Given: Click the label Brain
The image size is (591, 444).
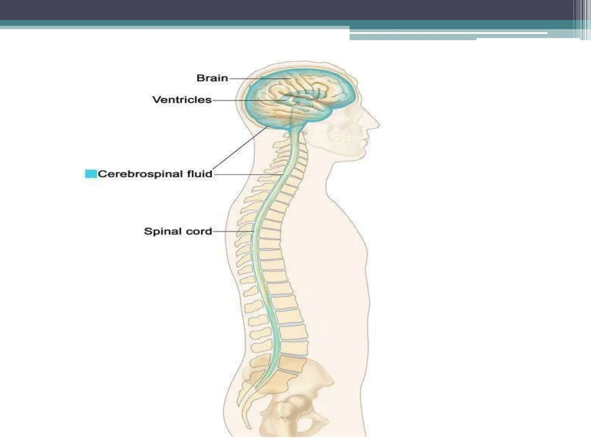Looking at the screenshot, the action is coord(212,78).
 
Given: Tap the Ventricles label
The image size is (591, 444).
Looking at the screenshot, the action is coord(182,100).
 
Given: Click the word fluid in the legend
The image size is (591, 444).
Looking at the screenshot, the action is coord(199,174).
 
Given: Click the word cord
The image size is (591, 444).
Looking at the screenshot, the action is coord(199,232).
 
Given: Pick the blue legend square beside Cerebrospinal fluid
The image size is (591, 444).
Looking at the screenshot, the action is coord(91,174).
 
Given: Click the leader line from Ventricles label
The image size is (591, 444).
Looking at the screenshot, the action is coord(245,100).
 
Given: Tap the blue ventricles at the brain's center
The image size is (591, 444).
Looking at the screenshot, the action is coord(303,100).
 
